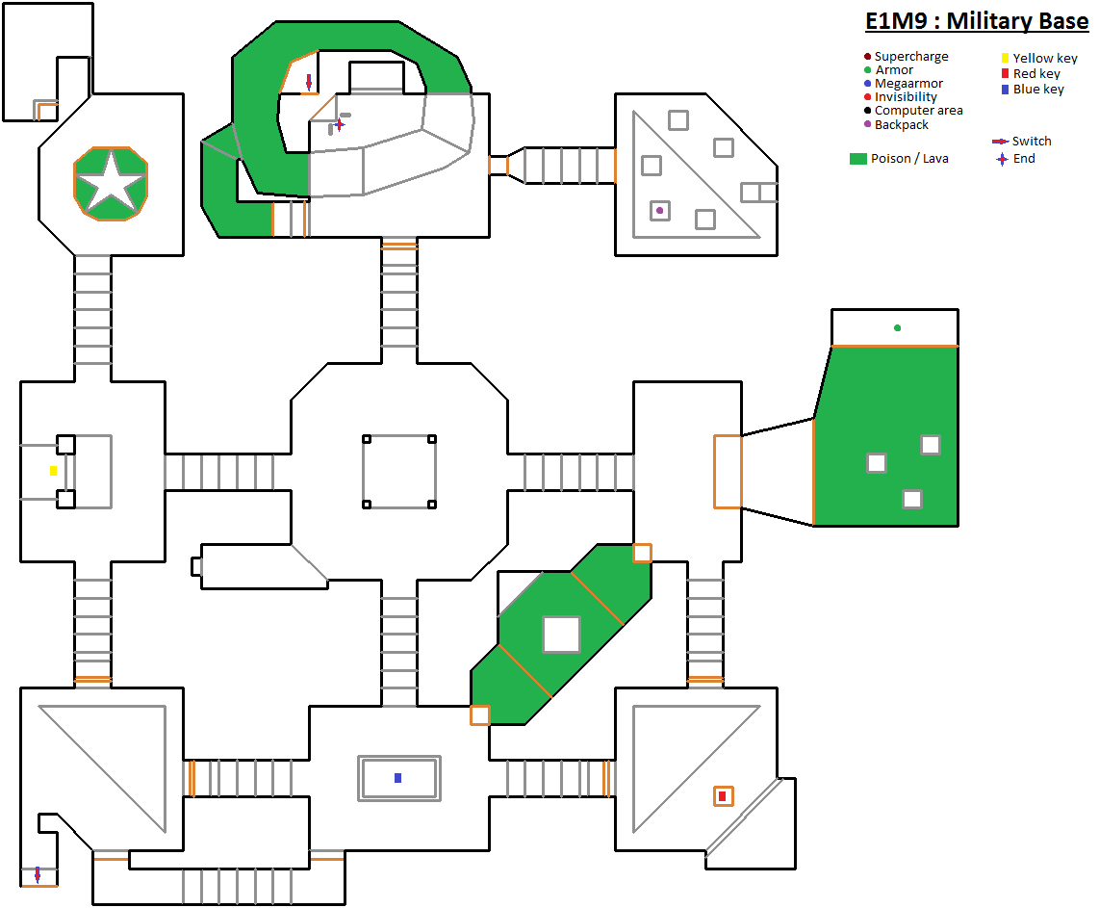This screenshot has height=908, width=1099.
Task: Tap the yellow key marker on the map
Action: pyautogui.click(x=53, y=471)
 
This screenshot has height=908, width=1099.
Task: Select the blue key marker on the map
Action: pyautogui.click(x=397, y=778)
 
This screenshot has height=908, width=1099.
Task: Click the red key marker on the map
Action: pyautogui.click(x=722, y=796)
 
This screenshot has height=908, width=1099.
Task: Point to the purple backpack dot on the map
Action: pyautogui.click(x=659, y=210)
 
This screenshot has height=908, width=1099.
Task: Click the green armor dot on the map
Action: pyautogui.click(x=897, y=328)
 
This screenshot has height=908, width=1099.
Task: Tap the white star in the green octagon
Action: pyautogui.click(x=110, y=182)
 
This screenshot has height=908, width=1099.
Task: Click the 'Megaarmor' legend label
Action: pyautogui.click(x=908, y=84)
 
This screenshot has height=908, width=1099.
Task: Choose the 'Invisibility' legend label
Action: pyautogui.click(x=906, y=97)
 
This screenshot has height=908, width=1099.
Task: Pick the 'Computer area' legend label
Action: pyautogui.click(x=918, y=111)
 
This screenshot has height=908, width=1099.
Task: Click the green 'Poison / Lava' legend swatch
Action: pyautogui.click(x=858, y=159)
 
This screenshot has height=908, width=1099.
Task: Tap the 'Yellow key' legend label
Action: pyautogui.click(x=1045, y=59)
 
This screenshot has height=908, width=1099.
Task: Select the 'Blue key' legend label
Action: pyautogui.click(x=1038, y=90)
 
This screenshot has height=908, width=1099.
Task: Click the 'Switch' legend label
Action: pyautogui.click(x=1032, y=142)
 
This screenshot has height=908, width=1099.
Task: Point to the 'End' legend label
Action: pyautogui.click(x=1024, y=159)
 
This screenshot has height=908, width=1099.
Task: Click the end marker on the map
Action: pyautogui.click(x=339, y=124)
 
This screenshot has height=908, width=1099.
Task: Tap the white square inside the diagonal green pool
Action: pyautogui.click(x=561, y=635)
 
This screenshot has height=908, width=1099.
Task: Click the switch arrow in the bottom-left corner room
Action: pyautogui.click(x=38, y=874)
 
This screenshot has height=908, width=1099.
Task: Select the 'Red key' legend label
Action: pyautogui.click(x=1036, y=74)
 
